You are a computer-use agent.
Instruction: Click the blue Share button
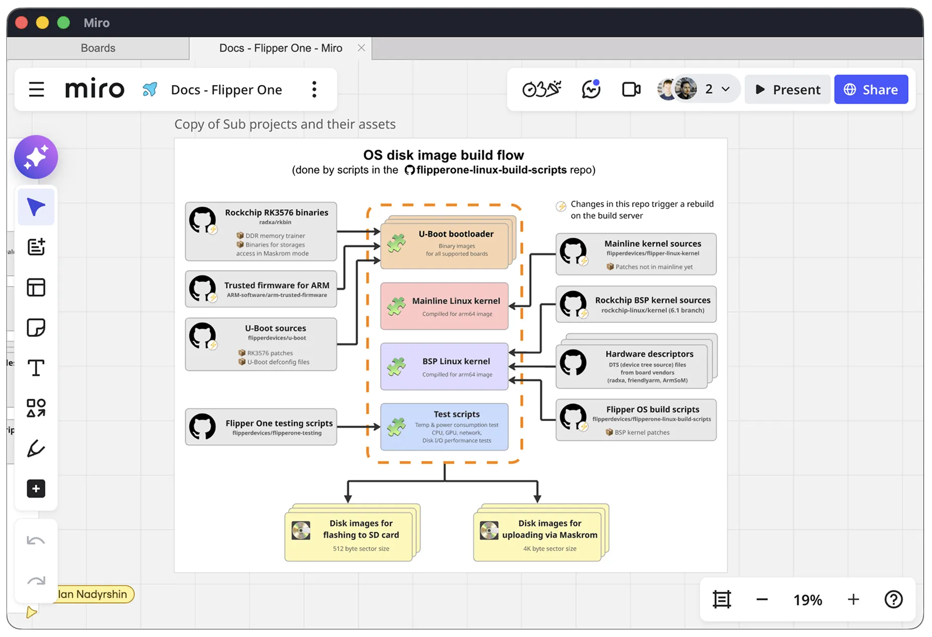(x=871, y=90)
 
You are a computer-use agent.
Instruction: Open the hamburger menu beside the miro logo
(x=36, y=90)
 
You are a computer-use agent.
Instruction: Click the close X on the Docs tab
(x=361, y=48)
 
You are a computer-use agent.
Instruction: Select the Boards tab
(x=98, y=48)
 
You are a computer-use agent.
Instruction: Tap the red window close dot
(x=22, y=23)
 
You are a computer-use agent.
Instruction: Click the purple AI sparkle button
(x=36, y=157)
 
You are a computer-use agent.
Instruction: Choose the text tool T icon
(x=36, y=368)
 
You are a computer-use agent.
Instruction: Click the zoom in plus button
(x=853, y=599)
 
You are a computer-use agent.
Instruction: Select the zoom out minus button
(x=762, y=599)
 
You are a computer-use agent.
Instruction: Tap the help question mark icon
(x=893, y=599)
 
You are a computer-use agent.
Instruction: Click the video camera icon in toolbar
(x=631, y=90)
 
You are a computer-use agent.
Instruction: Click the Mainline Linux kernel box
(x=445, y=306)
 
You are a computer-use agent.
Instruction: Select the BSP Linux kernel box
(x=445, y=367)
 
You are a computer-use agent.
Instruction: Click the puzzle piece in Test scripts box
(x=396, y=427)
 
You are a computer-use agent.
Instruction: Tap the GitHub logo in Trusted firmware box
(x=202, y=289)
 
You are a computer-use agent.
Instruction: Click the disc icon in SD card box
(x=301, y=530)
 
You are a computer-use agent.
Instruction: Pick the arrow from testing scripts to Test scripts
(x=359, y=427)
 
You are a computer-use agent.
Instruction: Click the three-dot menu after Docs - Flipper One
(x=314, y=90)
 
